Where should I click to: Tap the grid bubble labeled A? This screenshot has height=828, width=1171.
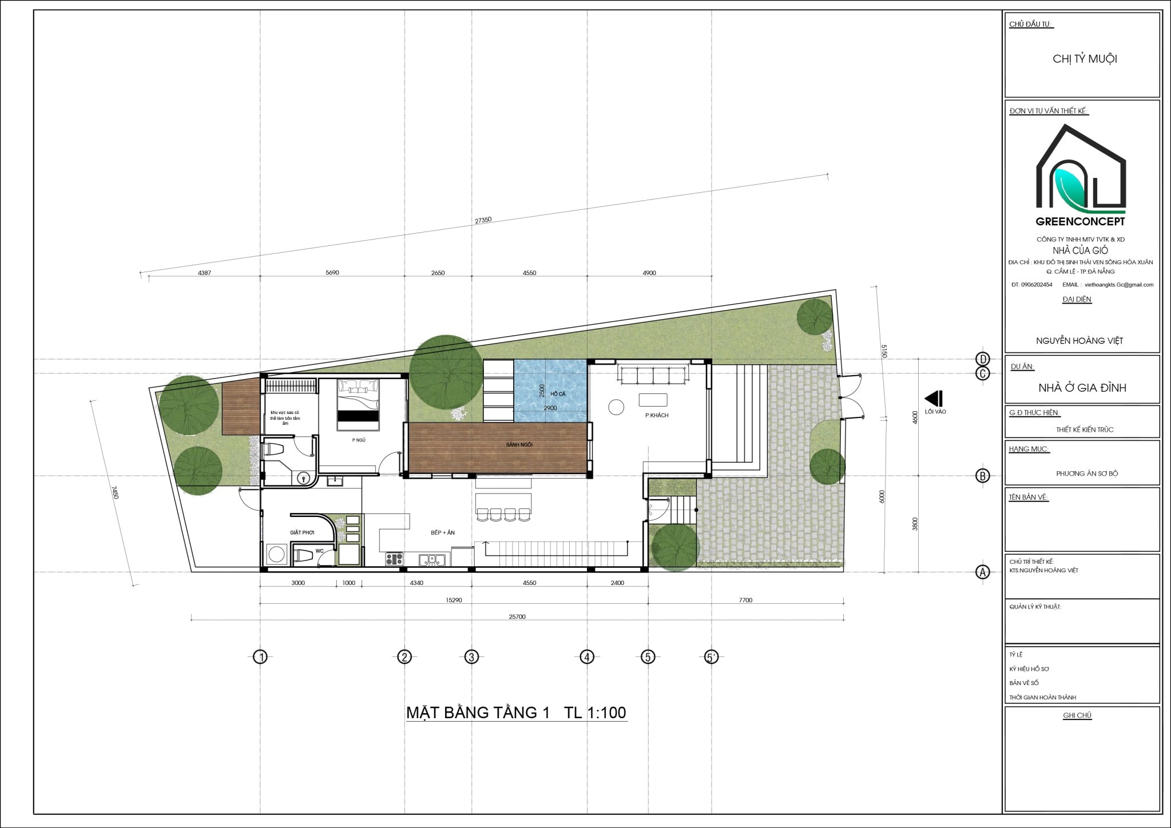[982, 572]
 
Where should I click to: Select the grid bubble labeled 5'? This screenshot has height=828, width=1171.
[710, 657]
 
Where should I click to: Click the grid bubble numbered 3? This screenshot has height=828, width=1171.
[471, 657]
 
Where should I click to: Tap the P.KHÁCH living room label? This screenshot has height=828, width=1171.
[657, 415]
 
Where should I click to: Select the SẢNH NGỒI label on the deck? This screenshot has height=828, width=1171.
[519, 444]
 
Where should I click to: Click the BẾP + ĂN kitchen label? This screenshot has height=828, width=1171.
[443, 532]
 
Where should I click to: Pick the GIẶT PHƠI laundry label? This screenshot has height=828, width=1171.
[302, 532]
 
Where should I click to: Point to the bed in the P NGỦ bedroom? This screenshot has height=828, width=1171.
[358, 404]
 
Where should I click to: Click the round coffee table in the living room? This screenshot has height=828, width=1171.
[616, 407]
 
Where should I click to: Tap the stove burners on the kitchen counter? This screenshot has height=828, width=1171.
[394, 559]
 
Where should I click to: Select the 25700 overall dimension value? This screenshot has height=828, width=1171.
[517, 617]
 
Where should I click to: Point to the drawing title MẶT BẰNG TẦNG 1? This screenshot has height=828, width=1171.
[478, 712]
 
